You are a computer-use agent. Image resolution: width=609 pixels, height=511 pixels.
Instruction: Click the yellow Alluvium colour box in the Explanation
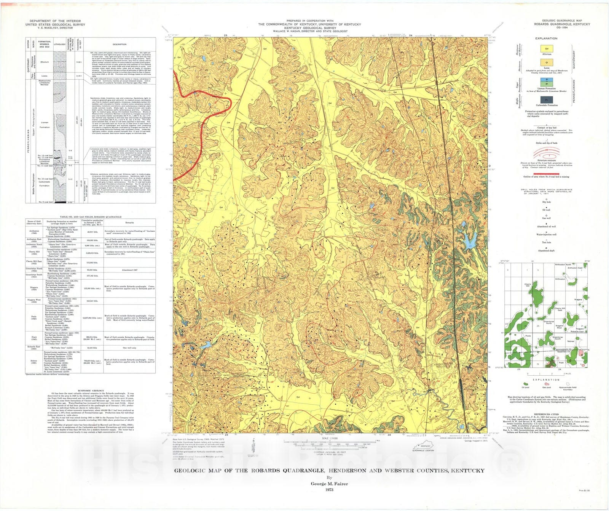[547, 49]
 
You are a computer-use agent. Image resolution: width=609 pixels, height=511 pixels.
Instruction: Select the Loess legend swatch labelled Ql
[547, 62]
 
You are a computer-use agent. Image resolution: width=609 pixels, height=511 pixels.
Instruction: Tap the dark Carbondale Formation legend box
[547, 100]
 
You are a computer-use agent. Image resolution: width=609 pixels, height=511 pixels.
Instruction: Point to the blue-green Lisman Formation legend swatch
[547, 82]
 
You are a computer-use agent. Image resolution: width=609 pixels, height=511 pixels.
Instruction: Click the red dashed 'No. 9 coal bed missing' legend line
[546, 174]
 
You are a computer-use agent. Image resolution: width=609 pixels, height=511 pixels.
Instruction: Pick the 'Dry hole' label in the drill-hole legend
[546, 202]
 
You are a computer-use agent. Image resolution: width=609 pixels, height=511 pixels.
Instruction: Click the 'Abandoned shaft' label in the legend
[546, 251]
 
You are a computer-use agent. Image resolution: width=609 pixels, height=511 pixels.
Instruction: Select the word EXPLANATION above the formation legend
[546, 38]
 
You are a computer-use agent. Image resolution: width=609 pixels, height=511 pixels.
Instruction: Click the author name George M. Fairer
[329, 484]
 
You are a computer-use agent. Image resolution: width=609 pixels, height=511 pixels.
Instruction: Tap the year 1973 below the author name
[329, 490]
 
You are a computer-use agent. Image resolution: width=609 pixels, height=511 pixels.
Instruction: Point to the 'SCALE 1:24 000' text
[330, 439]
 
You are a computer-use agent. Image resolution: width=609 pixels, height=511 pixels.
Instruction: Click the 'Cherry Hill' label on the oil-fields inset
[528, 285]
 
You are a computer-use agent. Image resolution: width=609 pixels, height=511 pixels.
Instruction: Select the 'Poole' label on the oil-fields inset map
[528, 336]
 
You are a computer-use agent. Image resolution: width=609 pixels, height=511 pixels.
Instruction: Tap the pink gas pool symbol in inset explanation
[547, 384]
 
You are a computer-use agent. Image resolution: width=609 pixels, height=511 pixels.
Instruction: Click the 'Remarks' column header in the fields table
[129, 223]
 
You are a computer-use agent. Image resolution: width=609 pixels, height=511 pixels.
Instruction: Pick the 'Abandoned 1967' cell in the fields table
[129, 270]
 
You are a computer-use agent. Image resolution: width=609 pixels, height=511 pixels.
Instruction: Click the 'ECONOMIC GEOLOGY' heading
[91, 391]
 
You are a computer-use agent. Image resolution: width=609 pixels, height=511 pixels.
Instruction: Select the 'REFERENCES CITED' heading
[546, 414]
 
